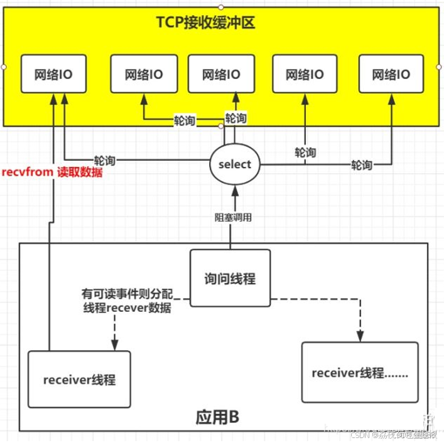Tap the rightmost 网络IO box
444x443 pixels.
(391, 75)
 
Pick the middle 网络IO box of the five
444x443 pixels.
(221, 75)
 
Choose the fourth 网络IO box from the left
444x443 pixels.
(305, 75)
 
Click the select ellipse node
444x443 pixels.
(234, 164)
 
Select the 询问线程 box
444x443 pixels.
(230, 279)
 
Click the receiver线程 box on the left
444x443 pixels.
(79, 380)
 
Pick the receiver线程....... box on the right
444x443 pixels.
(359, 372)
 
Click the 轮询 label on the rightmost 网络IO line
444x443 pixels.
(361, 164)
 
